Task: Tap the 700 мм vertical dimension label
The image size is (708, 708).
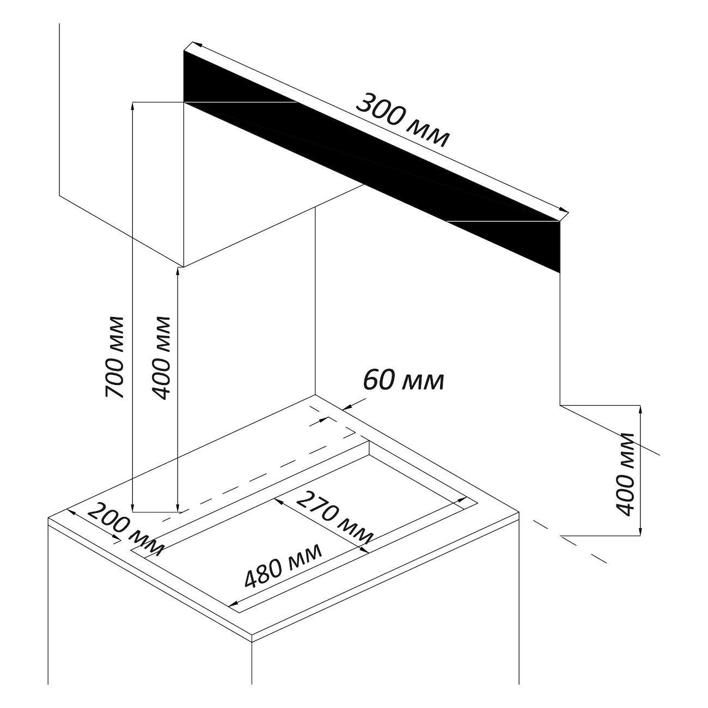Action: (115, 357)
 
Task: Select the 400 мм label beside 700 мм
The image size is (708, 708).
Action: (161, 357)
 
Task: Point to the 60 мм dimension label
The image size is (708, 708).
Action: (403, 381)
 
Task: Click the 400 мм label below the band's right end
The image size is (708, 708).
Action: (627, 474)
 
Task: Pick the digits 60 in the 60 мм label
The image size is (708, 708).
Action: (379, 381)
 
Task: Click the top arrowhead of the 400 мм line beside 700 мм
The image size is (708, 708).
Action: (178, 271)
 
